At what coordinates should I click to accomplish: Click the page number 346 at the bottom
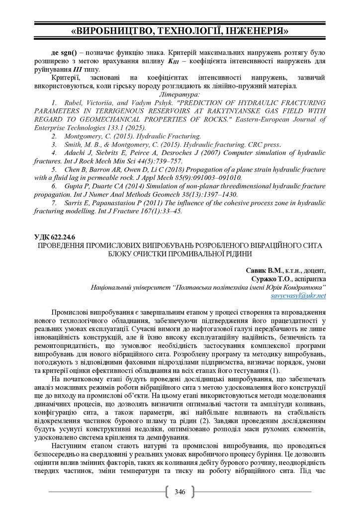pos(180,492)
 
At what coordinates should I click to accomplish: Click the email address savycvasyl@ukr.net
pos(298,295)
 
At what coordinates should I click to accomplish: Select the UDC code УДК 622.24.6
pos(56,237)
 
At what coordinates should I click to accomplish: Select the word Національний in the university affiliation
pos(113,287)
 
